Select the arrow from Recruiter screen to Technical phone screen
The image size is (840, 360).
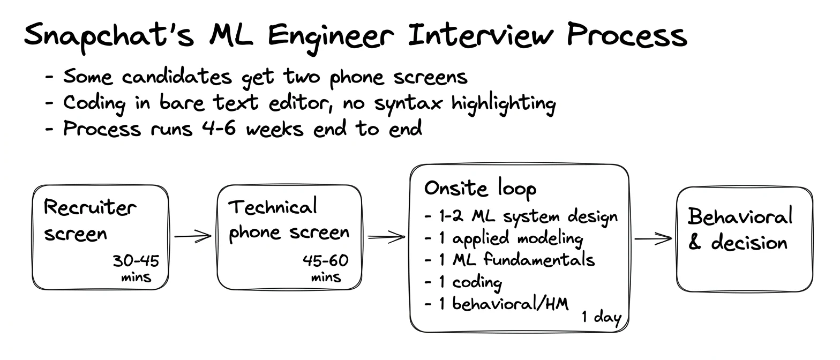(x=193, y=237)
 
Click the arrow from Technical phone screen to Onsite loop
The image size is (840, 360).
(x=386, y=237)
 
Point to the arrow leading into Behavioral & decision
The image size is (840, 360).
(x=653, y=238)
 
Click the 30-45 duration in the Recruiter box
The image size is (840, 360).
(x=136, y=260)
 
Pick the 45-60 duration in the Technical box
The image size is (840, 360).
(x=326, y=260)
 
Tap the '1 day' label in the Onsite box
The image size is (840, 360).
(x=602, y=317)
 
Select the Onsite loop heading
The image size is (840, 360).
(x=481, y=188)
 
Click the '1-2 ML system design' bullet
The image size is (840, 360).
(x=521, y=217)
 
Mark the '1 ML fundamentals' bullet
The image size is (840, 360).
(x=509, y=259)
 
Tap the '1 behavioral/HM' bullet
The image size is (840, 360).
(x=497, y=303)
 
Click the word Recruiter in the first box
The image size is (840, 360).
(x=90, y=207)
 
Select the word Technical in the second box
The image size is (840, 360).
(x=273, y=207)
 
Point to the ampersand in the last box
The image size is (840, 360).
(x=694, y=242)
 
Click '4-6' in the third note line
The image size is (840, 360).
(x=219, y=128)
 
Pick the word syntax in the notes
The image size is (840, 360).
(x=408, y=103)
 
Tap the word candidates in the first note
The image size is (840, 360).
(x=177, y=77)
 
